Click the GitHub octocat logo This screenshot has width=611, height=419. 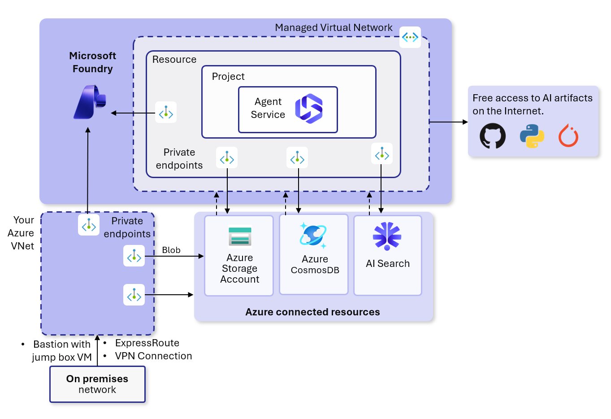click(492, 136)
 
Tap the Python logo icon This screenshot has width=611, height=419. click(532, 136)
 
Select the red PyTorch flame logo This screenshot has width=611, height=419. click(568, 136)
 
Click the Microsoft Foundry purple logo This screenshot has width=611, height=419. click(90, 102)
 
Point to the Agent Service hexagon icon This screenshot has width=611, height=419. click(309, 109)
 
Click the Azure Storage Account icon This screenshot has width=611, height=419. click(240, 236)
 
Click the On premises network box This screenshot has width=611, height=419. click(97, 384)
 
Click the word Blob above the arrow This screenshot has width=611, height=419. click(171, 250)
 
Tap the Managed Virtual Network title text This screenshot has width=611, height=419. click(334, 28)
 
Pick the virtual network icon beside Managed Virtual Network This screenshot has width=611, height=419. click(410, 37)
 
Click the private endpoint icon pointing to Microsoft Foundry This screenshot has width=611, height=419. click(166, 112)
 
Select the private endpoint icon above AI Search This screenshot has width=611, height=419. click(382, 153)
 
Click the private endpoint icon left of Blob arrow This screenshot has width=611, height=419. click(134, 256)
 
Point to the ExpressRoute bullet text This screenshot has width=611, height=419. click(147, 343)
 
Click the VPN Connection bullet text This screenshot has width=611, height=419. click(153, 356)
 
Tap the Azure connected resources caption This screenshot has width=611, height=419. click(312, 312)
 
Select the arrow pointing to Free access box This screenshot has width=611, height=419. click(448, 122)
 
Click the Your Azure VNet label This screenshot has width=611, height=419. click(22, 233)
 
